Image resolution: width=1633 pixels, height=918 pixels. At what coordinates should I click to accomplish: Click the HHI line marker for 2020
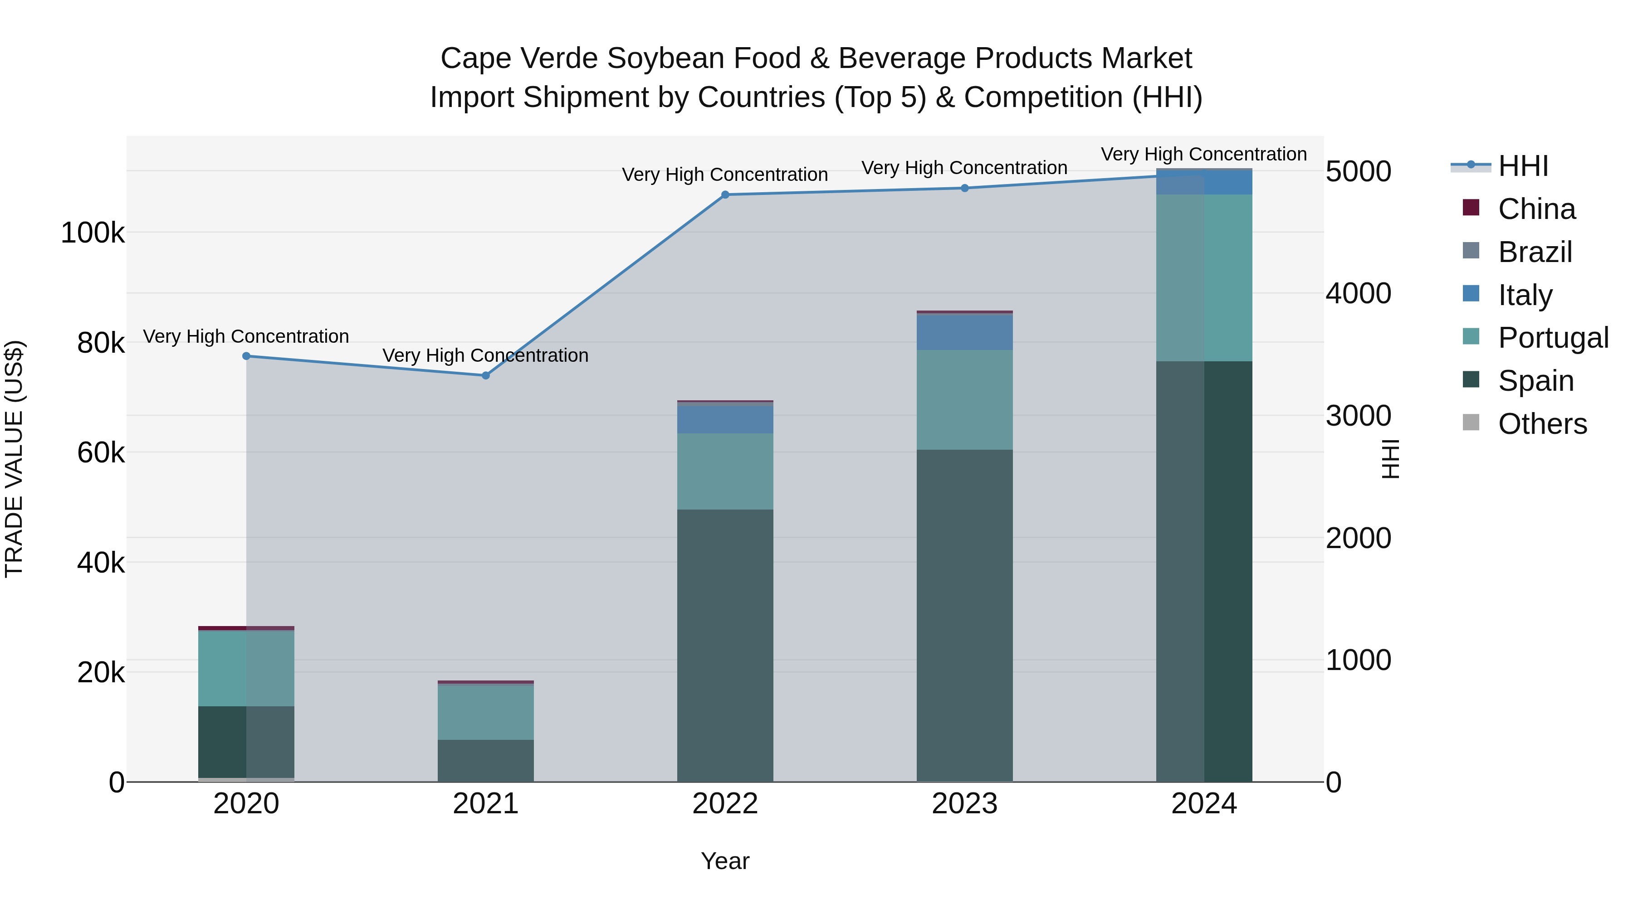pos(247,356)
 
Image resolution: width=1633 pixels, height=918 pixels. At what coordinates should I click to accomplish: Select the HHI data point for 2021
pos(485,376)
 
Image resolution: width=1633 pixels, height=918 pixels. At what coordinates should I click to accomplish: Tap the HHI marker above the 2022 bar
pos(725,194)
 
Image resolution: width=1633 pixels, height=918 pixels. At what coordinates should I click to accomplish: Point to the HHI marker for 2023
pos(965,188)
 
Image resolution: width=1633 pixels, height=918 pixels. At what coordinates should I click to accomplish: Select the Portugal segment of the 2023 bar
pos(965,400)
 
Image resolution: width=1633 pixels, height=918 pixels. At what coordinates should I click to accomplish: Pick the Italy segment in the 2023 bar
pos(965,332)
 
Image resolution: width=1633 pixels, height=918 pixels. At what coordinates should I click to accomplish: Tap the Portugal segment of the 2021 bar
pos(485,712)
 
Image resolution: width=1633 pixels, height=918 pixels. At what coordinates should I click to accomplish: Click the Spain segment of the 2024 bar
pos(1204,571)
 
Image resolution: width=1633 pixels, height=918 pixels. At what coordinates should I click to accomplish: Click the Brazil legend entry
pos(1535,252)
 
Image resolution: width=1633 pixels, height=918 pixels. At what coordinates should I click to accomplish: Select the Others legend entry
pos(1542,424)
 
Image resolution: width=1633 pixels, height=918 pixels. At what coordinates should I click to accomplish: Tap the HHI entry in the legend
pos(1523,166)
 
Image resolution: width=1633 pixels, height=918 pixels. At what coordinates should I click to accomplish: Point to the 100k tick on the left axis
pos(93,233)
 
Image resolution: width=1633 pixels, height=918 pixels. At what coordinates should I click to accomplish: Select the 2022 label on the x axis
pos(725,804)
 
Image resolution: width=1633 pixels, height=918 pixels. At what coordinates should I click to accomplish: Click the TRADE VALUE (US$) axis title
pos(15,459)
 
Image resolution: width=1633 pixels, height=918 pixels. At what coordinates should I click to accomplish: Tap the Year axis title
pos(725,861)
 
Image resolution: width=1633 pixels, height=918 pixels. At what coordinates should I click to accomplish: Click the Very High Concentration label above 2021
pos(485,355)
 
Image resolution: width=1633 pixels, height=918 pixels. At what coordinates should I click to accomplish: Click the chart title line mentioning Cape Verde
pos(816,58)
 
